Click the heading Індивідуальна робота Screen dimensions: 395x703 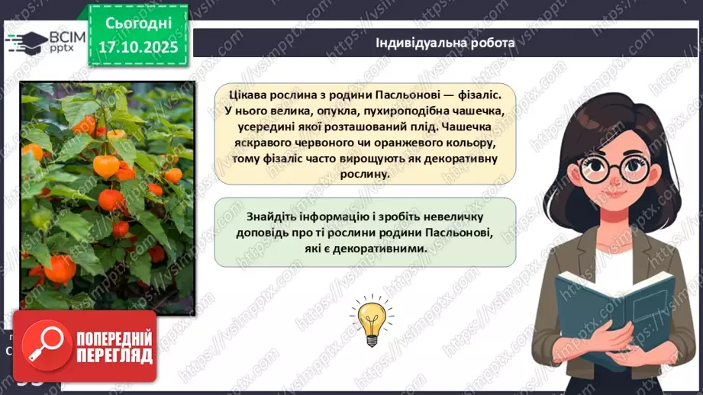pos(445,43)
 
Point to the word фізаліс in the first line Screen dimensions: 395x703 pos(476,94)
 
